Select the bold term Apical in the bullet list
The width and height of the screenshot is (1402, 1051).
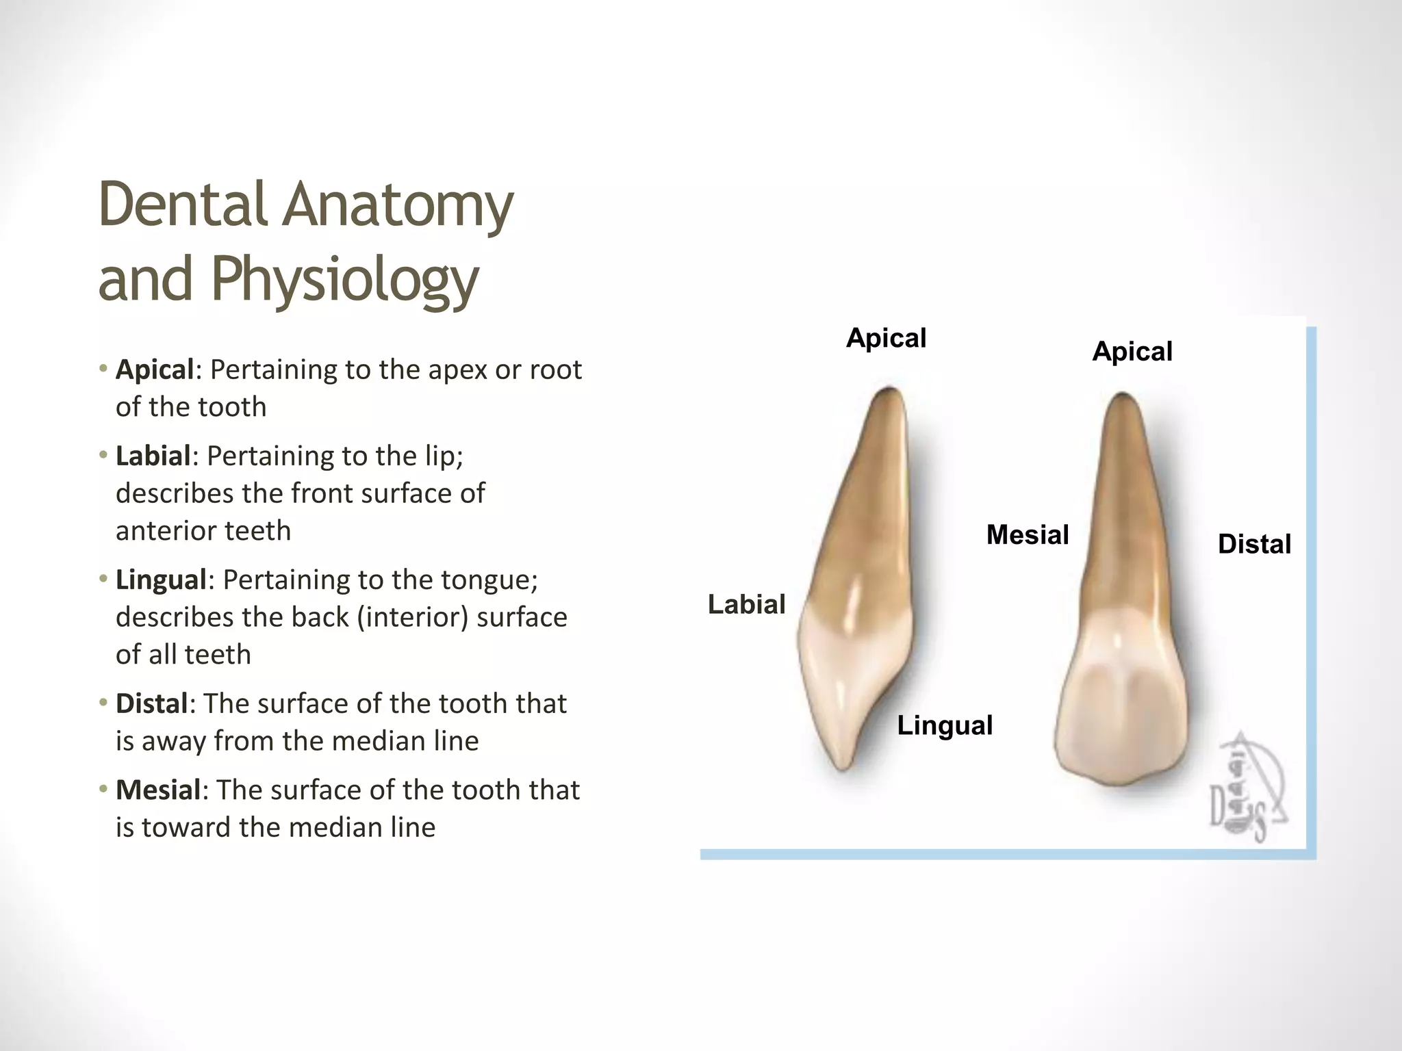[155, 369]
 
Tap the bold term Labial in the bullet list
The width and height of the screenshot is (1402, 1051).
[153, 456]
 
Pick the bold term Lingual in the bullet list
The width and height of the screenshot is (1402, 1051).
[161, 580]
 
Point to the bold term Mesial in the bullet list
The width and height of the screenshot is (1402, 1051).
[157, 790]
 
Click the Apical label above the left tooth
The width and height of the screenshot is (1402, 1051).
[886, 338]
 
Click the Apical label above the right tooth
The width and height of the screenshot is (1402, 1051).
[1132, 351]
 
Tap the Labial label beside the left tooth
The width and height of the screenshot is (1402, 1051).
[746, 604]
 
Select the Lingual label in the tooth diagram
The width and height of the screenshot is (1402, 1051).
[945, 725]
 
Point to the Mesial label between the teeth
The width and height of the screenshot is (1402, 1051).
[1027, 534]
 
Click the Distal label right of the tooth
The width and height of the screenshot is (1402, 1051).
[1254, 544]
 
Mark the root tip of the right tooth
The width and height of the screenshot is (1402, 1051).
[1123, 398]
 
